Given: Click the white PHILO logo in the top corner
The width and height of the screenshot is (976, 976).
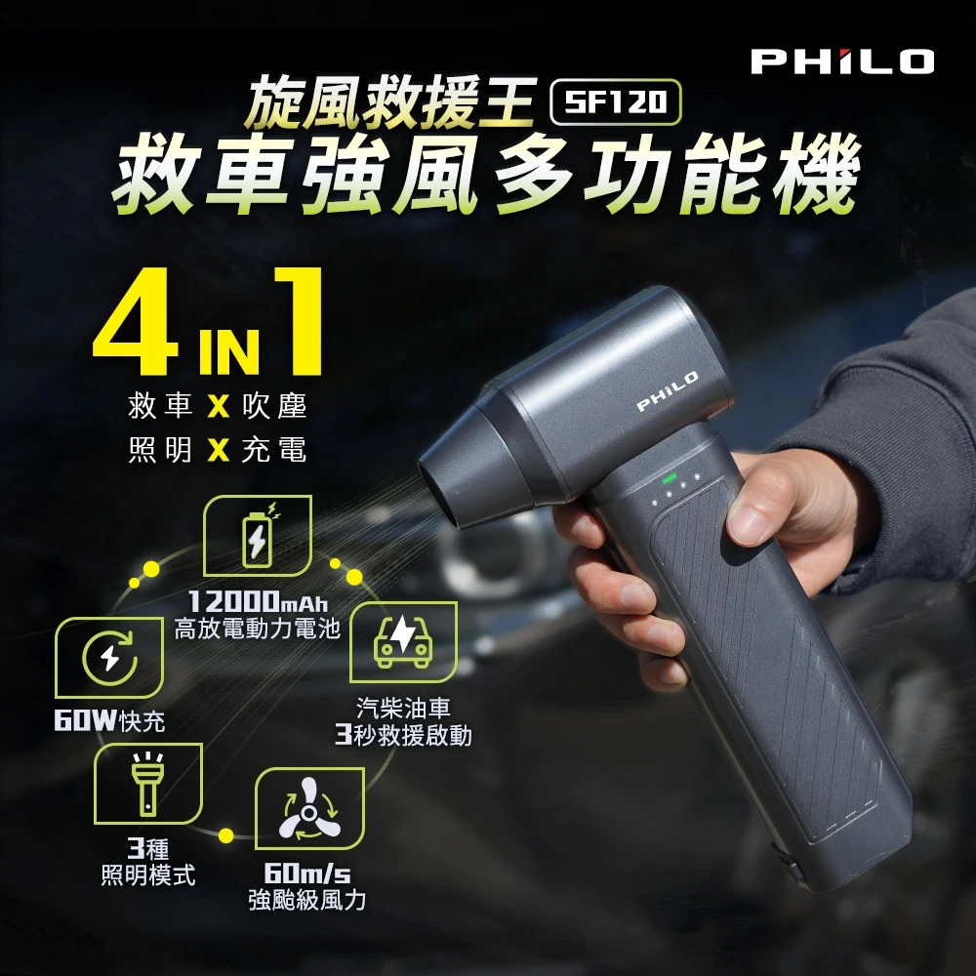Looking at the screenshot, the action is [x=842, y=61].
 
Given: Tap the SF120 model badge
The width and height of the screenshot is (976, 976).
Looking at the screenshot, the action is [x=616, y=102].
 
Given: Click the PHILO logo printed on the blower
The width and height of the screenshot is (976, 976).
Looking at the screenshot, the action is [x=668, y=391].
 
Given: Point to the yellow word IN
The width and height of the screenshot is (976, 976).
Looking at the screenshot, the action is [x=229, y=352].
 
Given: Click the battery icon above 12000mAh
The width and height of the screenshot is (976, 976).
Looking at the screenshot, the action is [x=258, y=535].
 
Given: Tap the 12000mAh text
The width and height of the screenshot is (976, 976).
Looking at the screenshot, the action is [x=258, y=601].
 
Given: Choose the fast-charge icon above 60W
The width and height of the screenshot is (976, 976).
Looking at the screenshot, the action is [x=109, y=657].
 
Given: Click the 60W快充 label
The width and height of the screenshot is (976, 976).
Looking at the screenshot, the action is [x=109, y=721].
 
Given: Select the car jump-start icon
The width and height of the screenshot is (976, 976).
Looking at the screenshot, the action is [x=403, y=641].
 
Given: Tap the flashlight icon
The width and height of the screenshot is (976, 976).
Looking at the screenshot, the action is [x=148, y=783].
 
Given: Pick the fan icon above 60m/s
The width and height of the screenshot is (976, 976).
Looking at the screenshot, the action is [x=309, y=808].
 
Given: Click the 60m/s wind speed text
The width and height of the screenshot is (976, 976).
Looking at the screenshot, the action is [x=307, y=874].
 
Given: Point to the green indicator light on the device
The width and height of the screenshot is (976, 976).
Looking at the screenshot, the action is [x=670, y=478].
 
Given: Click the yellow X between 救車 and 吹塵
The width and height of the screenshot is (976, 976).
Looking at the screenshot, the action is [x=219, y=408].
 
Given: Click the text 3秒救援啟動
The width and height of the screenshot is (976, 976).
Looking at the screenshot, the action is [x=403, y=736].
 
